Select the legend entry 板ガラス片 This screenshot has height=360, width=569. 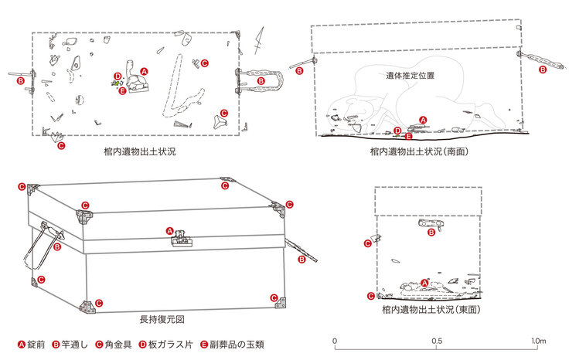click(x=161, y=343)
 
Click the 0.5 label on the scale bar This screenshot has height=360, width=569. click(x=438, y=341)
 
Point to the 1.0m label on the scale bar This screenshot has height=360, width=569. click(x=539, y=341)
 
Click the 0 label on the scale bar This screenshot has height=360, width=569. click(x=335, y=341)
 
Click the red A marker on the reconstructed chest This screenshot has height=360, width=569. click(x=170, y=229)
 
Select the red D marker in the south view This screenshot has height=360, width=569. click(x=397, y=131)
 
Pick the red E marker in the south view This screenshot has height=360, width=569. click(x=408, y=136)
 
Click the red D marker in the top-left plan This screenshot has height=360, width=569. click(x=117, y=76)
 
